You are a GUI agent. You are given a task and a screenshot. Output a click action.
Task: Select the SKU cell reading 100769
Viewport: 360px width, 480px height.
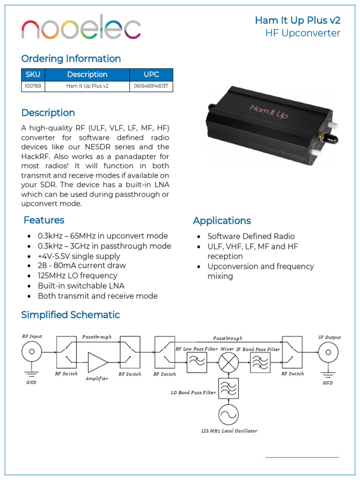pyautogui.click(x=33, y=86)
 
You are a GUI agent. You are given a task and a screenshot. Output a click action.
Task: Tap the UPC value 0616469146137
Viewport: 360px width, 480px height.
pyautogui.click(x=151, y=86)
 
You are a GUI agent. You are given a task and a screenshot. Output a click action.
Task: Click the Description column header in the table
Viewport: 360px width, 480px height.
pyautogui.click(x=87, y=75)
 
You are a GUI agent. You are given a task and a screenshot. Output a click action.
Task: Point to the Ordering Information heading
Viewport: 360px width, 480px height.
pyautogui.click(x=71, y=59)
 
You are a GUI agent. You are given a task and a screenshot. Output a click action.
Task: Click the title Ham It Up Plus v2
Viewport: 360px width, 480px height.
pyautogui.click(x=297, y=20)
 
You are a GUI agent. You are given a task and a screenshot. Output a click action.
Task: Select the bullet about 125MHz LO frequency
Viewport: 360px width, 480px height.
pyautogui.click(x=77, y=276)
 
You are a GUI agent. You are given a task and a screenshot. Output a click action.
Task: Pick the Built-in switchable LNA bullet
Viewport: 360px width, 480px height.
pyautogui.click(x=81, y=286)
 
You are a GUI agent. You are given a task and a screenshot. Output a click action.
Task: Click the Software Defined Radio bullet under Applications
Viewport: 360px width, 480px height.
pyautogui.click(x=251, y=236)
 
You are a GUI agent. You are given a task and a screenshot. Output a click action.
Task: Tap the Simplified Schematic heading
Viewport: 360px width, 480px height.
pyautogui.click(x=70, y=315)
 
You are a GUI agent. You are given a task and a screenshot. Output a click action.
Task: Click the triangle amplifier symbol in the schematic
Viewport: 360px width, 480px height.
pyautogui.click(x=97, y=362)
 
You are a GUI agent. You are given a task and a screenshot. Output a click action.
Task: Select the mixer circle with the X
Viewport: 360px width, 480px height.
pyautogui.click(x=228, y=362)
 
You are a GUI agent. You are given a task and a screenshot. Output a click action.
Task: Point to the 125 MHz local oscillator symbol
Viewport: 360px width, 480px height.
pyautogui.click(x=228, y=414)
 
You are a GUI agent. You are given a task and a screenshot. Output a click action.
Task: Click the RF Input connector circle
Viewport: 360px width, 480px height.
pyautogui.click(x=32, y=352)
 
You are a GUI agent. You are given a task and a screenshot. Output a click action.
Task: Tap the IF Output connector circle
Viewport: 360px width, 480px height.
pyautogui.click(x=328, y=352)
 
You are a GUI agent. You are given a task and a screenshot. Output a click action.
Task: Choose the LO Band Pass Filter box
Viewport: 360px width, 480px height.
pyautogui.click(x=228, y=388)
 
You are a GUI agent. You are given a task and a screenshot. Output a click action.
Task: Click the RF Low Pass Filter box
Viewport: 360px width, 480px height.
pyautogui.click(x=197, y=362)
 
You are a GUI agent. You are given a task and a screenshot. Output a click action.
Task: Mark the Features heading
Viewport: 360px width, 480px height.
pyautogui.click(x=44, y=220)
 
